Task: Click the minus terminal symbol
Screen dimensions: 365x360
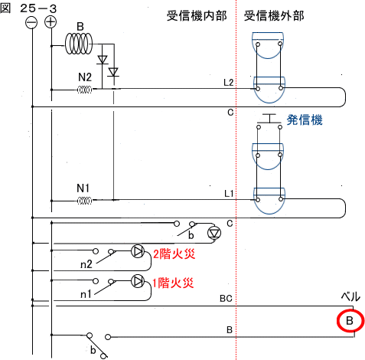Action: pyautogui.click(x=31, y=23)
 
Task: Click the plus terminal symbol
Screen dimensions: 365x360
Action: pyautogui.click(x=51, y=22)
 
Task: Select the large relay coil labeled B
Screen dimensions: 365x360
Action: pyautogui.click(x=78, y=44)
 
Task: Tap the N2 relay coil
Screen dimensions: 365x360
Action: pyautogui.click(x=84, y=90)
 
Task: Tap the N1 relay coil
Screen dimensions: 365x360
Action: pyautogui.click(x=84, y=201)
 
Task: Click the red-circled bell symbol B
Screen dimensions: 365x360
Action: pyautogui.click(x=350, y=321)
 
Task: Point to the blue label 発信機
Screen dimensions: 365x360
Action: pyautogui.click(x=305, y=119)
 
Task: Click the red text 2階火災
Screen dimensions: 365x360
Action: pyautogui.click(x=174, y=254)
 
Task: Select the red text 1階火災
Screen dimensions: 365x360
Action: pyautogui.click(x=173, y=283)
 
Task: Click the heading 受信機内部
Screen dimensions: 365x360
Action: pyautogui.click(x=197, y=16)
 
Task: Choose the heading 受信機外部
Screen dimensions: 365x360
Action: pyautogui.click(x=274, y=16)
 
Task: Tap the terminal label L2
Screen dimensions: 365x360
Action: pyautogui.click(x=229, y=83)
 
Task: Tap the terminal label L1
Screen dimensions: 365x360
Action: pyautogui.click(x=229, y=194)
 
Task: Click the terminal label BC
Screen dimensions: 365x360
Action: pyautogui.click(x=226, y=299)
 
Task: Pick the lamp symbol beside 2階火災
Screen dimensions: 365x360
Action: pyautogui.click(x=138, y=251)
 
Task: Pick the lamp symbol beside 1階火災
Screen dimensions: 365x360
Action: pyautogui.click(x=138, y=281)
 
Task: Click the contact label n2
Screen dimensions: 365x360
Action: pyautogui.click(x=86, y=264)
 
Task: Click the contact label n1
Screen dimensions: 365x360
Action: pyautogui.click(x=86, y=294)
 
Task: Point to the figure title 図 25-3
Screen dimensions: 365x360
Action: pyautogui.click(x=28, y=8)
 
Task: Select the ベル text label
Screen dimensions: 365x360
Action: pyautogui.click(x=350, y=297)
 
